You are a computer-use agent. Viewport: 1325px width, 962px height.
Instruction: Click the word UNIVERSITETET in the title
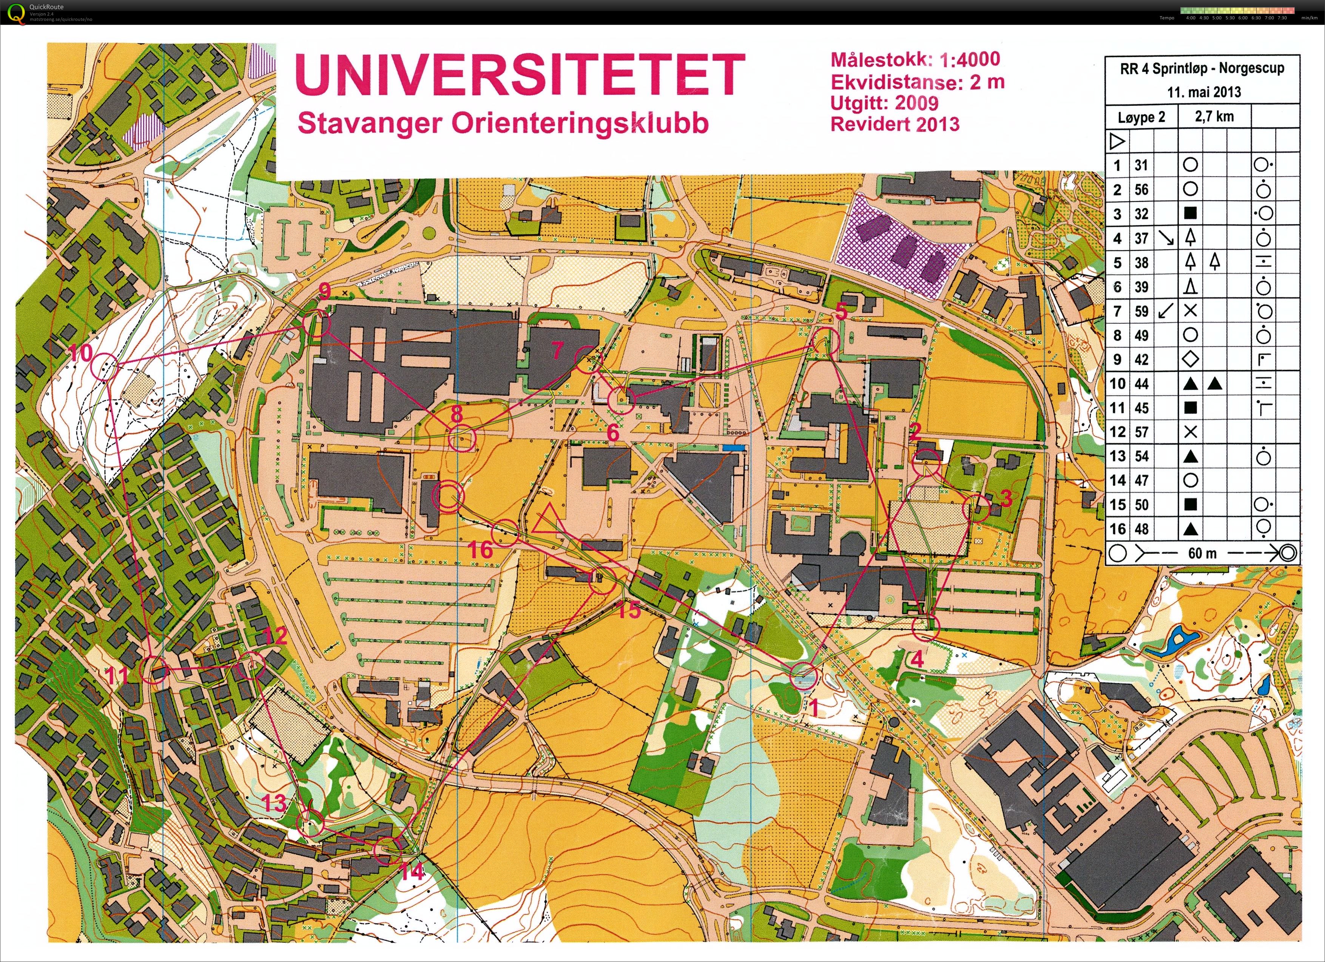[520, 74]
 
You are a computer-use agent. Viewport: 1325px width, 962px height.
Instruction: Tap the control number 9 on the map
[324, 290]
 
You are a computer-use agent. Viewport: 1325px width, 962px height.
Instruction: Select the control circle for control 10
[105, 368]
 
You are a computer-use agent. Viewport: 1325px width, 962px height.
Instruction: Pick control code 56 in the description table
[1141, 189]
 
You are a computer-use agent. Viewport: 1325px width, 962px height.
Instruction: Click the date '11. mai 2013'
[1203, 92]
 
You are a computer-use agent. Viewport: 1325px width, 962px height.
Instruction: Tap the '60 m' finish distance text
[1202, 553]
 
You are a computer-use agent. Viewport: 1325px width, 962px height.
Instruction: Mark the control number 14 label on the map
[412, 871]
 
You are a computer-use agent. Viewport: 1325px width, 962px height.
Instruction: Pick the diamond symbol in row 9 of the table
[1190, 360]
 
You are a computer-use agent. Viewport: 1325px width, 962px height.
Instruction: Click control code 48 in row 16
[1141, 529]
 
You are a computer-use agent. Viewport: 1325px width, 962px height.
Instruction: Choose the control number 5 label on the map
[841, 311]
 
